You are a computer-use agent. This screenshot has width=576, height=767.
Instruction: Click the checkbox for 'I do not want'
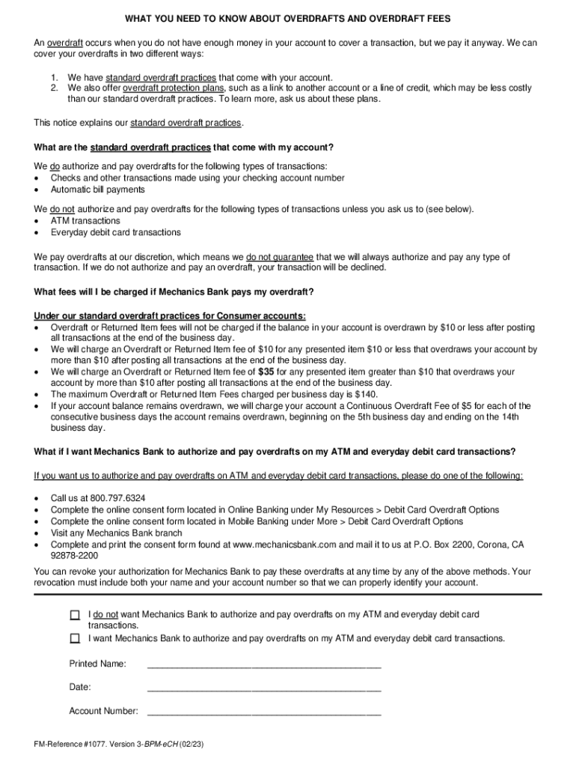(x=75, y=615)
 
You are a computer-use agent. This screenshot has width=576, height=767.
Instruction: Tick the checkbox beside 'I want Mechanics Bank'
(x=75, y=639)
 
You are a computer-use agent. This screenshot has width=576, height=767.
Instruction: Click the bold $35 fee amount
(x=266, y=372)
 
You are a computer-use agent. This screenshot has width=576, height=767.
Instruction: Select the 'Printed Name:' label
(x=98, y=664)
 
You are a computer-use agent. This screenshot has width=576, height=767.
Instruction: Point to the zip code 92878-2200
(x=74, y=557)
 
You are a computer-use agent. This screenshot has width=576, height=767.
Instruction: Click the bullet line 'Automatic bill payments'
(x=97, y=190)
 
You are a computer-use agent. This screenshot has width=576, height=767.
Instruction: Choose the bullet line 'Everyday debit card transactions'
(x=115, y=233)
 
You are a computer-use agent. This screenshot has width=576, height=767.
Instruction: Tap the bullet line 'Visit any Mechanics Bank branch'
(x=116, y=533)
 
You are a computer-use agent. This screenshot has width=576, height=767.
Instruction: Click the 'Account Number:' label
(x=103, y=711)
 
